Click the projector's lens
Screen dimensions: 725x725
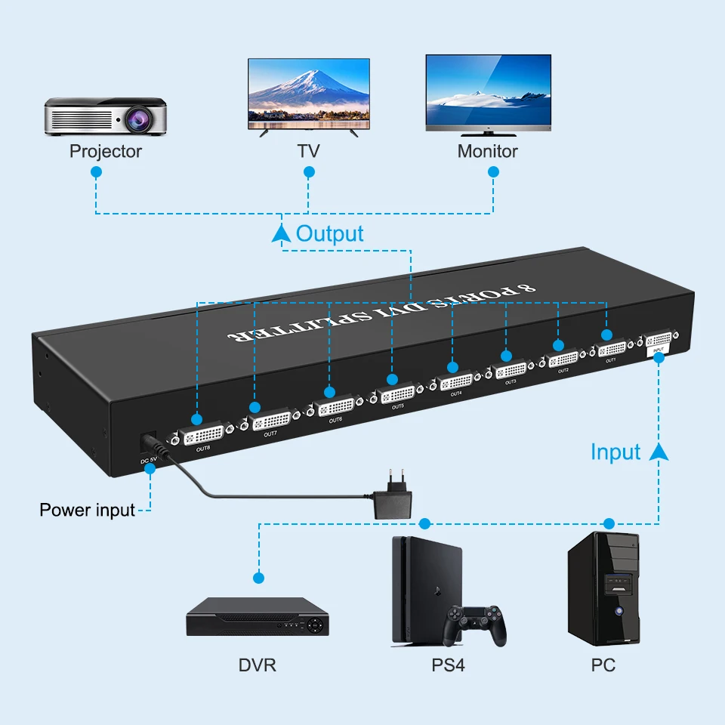coord(139,117)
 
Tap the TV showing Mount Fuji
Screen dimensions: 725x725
coord(309,91)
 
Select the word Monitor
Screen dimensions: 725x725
coord(487,151)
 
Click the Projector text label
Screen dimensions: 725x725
coord(106,151)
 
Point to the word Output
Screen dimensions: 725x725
coord(330,233)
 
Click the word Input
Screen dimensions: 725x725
coord(615,452)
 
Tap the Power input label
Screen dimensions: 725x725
coord(87,510)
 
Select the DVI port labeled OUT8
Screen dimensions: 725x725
coord(203,434)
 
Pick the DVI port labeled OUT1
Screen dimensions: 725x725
coord(611,349)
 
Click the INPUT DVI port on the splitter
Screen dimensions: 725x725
coord(659,339)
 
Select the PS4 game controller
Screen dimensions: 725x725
coord(474,623)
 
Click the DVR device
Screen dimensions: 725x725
coord(258,617)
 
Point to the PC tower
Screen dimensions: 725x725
coord(603,589)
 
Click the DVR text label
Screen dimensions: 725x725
coord(258,665)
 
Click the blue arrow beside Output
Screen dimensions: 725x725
coord(281,233)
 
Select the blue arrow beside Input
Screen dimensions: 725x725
coord(659,452)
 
